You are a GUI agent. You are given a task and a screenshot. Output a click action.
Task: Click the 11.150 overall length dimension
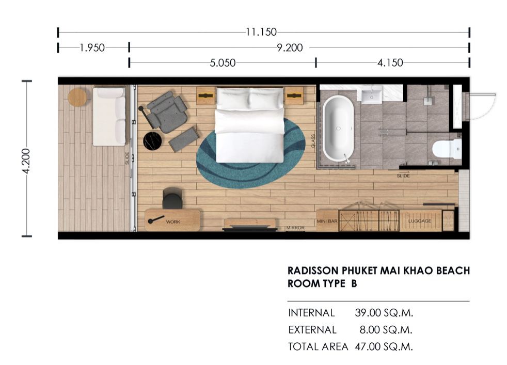pos(261,32)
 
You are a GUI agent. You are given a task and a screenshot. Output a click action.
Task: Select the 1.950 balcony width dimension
pos(92,48)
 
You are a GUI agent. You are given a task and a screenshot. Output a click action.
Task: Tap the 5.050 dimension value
pos(223,62)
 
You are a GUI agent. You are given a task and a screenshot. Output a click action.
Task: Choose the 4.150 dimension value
pos(390,62)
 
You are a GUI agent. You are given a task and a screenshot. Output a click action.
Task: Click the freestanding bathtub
pos(338,128)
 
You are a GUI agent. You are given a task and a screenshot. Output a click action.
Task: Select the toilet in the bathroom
pos(447,149)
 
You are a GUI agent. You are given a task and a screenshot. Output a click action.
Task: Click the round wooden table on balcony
pos(77,97)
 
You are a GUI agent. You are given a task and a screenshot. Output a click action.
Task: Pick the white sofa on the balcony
pos(109,116)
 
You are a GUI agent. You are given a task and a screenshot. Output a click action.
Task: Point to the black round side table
pos(152,141)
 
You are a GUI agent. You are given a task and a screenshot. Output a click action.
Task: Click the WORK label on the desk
pos(173,222)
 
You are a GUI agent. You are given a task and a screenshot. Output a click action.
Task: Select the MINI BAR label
pos(327,221)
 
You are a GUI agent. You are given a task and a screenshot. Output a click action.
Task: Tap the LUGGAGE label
pos(419,221)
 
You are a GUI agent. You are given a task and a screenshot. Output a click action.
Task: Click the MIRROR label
pos(295,228)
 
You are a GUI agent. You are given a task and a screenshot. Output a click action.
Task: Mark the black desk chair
pos(172,198)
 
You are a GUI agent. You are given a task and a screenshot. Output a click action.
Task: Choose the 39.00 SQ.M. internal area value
pos(384,313)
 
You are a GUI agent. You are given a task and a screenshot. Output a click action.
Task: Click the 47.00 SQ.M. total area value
pos(384,346)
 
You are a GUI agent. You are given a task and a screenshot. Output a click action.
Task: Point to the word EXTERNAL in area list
pos(312,330)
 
